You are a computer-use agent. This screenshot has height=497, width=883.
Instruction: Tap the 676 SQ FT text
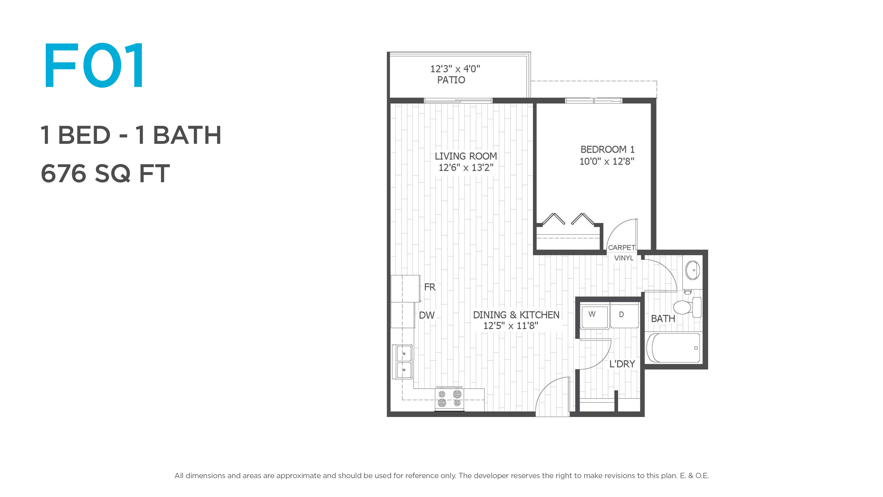(x=105, y=173)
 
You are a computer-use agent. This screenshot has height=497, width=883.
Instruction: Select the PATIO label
(x=451, y=80)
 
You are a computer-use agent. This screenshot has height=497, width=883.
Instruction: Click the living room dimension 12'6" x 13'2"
(x=466, y=167)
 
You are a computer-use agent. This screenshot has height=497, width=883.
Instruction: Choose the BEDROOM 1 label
(x=607, y=150)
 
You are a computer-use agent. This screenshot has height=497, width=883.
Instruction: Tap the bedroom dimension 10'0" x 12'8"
(x=607, y=161)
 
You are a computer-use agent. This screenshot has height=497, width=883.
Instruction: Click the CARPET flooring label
(x=622, y=247)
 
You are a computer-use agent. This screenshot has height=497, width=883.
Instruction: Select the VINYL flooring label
(x=624, y=258)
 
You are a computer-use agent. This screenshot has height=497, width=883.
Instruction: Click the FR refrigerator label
(x=430, y=287)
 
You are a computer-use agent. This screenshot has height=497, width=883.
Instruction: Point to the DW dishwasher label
(x=427, y=315)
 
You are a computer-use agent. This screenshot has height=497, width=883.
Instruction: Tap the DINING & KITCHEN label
(x=516, y=315)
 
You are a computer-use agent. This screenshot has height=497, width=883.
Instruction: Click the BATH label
(x=663, y=319)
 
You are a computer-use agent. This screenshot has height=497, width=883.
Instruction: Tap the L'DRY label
(x=622, y=364)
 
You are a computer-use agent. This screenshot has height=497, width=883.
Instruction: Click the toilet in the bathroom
(x=687, y=307)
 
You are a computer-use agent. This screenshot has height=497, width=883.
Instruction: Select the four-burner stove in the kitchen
(x=449, y=399)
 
